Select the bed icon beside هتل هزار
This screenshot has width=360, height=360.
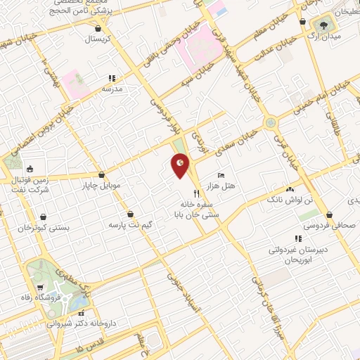tap(222, 174)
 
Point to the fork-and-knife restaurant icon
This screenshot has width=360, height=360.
tap(196, 192)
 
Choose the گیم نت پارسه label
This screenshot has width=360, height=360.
tap(130, 226)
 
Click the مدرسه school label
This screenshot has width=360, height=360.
tap(112, 89)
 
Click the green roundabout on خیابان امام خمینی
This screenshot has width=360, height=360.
tap(270, 123)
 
